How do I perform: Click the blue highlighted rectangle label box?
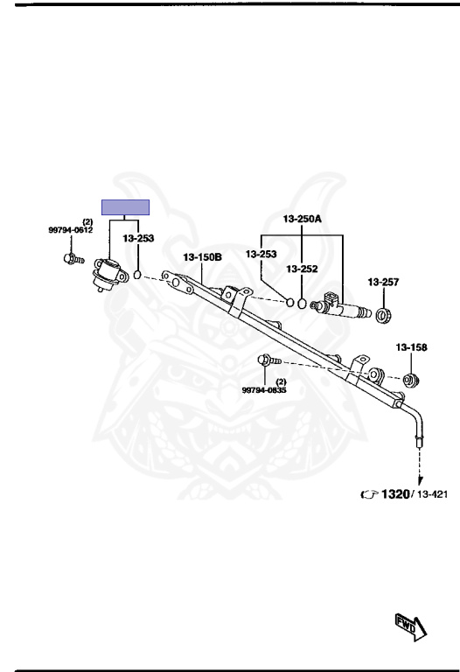pos(125,207)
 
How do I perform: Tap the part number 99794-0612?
pos(70,231)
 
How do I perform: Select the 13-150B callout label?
pos(203,257)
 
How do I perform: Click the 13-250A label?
pos(302,219)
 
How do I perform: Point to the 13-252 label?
pos(302,269)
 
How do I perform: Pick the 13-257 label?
pos(383,282)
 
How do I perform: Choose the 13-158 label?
pos(411,347)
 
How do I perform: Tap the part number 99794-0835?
pos(264,390)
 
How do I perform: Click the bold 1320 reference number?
pos(395,494)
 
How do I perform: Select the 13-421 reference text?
pos(432,494)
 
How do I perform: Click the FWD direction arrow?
pos(411,626)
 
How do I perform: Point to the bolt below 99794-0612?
pos(73,259)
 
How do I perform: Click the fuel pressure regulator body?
pos(109,275)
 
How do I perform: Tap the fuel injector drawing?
pos(340,306)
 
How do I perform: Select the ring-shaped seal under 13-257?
pos(382,315)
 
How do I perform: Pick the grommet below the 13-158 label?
pos(411,380)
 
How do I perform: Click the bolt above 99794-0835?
pos(268,360)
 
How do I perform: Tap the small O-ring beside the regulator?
pos(137,275)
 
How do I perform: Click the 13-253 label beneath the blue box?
pos(138,238)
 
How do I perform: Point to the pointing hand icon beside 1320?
pos(370,494)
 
